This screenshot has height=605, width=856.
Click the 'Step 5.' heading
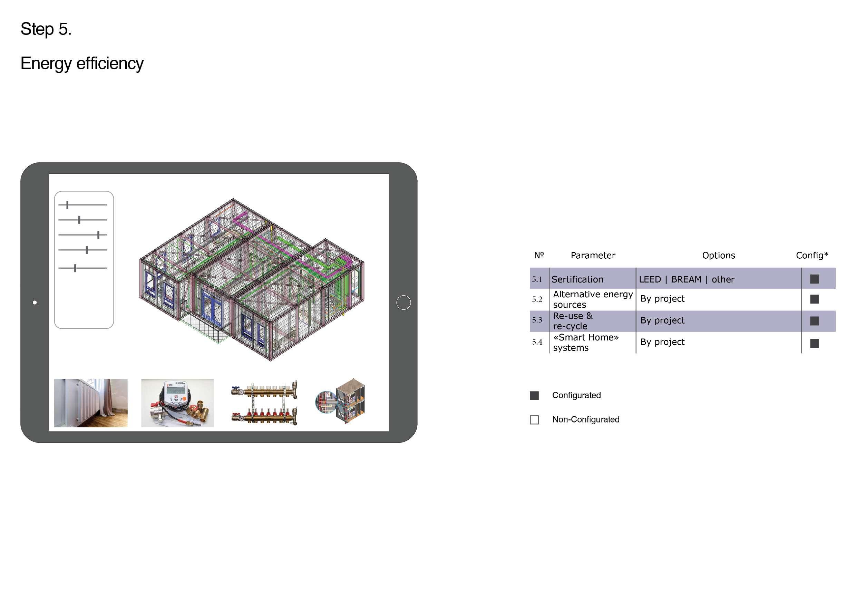[x=46, y=29]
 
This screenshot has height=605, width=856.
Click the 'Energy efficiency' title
[x=82, y=63]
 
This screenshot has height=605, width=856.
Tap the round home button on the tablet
[x=403, y=302]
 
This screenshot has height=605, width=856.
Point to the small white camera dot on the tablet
[x=35, y=302]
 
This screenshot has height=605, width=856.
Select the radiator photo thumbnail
[x=90, y=403]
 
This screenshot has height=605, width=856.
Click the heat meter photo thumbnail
[x=177, y=403]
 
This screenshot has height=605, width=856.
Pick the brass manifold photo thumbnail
[x=264, y=403]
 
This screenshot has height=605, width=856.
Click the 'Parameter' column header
[x=593, y=256]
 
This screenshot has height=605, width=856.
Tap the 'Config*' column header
[x=812, y=255]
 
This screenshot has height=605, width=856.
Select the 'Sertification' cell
[x=577, y=279]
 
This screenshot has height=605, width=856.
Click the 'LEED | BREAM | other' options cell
[x=687, y=279]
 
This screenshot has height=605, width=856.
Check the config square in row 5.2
[x=815, y=299]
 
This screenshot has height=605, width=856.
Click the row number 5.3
[x=537, y=320]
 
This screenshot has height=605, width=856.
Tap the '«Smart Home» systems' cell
[x=586, y=343]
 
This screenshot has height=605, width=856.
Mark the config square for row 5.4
[x=815, y=343]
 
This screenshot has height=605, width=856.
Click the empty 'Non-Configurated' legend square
[x=534, y=420]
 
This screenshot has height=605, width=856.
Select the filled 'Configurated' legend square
[x=534, y=396]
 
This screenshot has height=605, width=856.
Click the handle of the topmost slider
[x=67, y=205]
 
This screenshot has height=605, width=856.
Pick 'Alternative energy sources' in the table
[x=593, y=299]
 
